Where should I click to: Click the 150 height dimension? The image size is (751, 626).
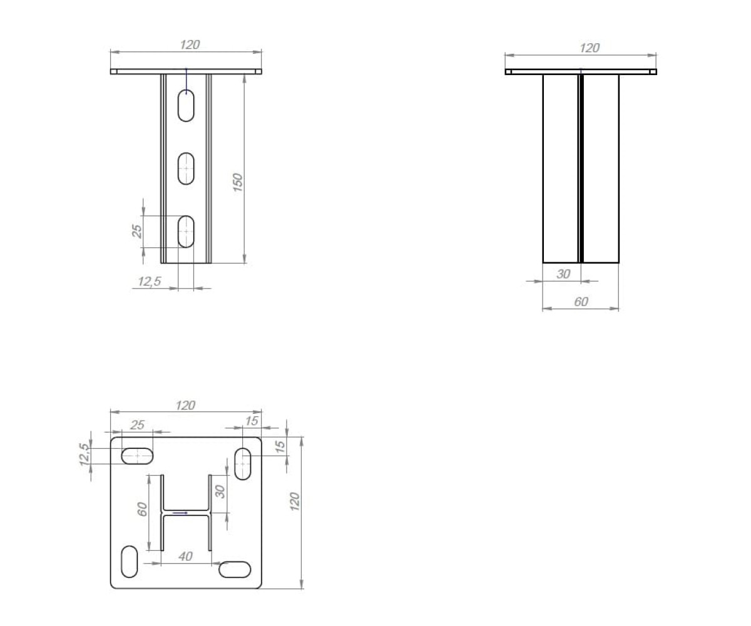pos(238,182)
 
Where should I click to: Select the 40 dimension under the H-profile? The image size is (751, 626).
pos(186,557)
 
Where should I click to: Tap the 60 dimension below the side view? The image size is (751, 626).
pos(581,302)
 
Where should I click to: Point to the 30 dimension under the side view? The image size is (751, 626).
pos(563,274)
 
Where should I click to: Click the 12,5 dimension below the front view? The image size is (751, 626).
pos(150,281)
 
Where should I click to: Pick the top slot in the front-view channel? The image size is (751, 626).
pos(186,105)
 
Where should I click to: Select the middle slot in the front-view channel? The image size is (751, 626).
pos(186,168)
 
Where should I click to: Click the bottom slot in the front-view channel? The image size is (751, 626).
pos(186,232)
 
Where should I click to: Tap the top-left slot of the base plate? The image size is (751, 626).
pos(137,456)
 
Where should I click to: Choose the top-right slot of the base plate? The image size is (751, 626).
pos(243,464)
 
